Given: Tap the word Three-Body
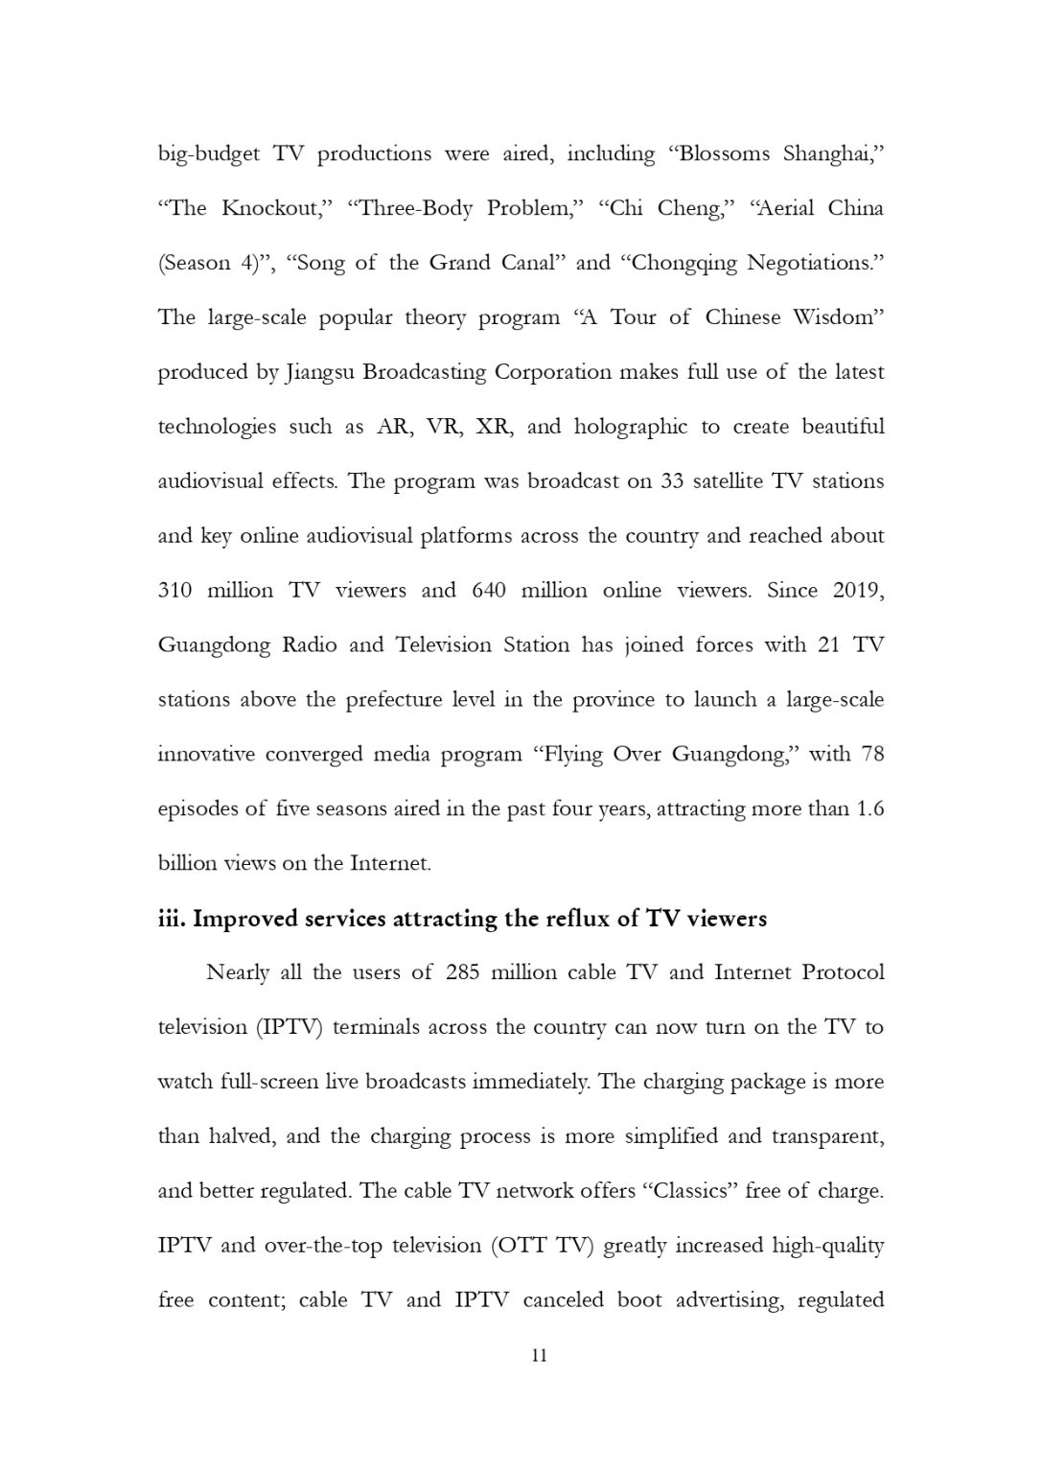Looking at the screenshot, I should coord(415,209).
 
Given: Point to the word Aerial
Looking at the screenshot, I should coord(785,209).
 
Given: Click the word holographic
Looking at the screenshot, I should coord(630,428).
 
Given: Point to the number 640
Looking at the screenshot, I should coord(489,591).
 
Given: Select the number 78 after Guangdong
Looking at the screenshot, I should coord(871,755).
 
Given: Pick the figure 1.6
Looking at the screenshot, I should coord(868,809).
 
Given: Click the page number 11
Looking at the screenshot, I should coord(538,1355).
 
